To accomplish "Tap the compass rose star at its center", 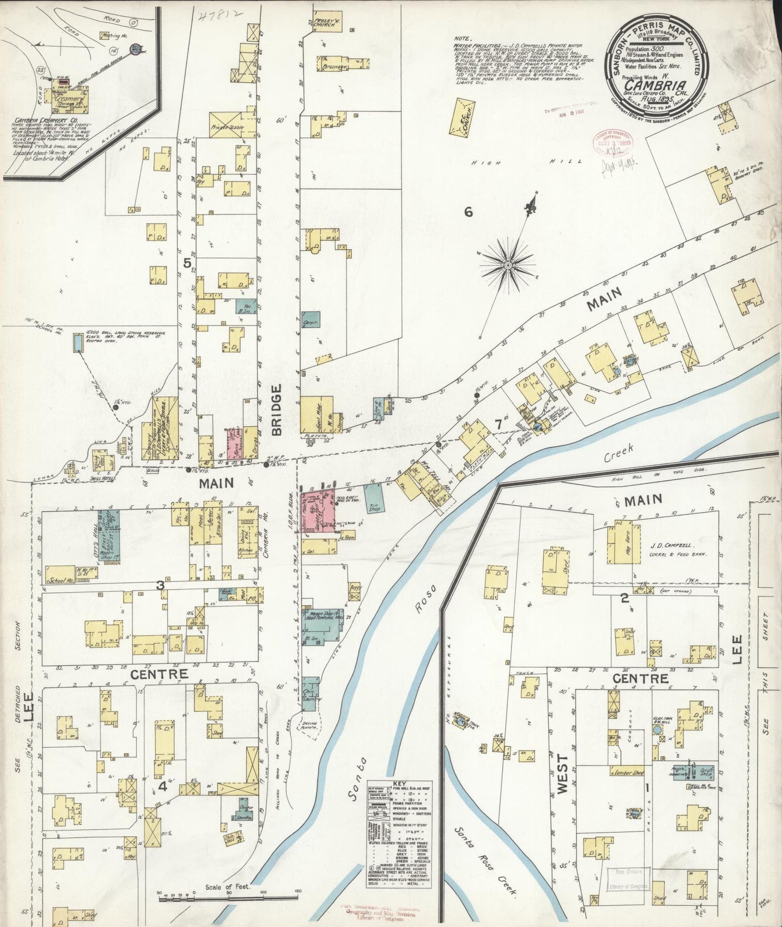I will pos(508,266).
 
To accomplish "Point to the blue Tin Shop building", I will pos(372,497).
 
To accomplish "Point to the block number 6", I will pos(468,212).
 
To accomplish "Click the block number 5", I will pos(187,263).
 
